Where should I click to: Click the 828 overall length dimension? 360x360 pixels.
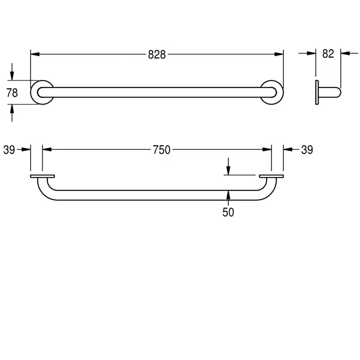(157, 54)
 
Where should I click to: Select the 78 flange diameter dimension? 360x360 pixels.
(12, 92)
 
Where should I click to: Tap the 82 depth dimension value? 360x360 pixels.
(328, 53)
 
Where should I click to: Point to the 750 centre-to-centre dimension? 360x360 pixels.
(161, 150)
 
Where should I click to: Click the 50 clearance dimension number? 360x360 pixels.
(228, 212)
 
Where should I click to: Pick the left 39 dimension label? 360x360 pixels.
(9, 150)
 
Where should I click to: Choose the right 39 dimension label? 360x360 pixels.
(307, 150)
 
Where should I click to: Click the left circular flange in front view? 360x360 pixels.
(41, 92)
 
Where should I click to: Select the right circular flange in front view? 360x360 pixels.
(273, 92)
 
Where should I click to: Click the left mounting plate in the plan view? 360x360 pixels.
(43, 176)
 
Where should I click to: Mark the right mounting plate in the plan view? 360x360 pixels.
(271, 176)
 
